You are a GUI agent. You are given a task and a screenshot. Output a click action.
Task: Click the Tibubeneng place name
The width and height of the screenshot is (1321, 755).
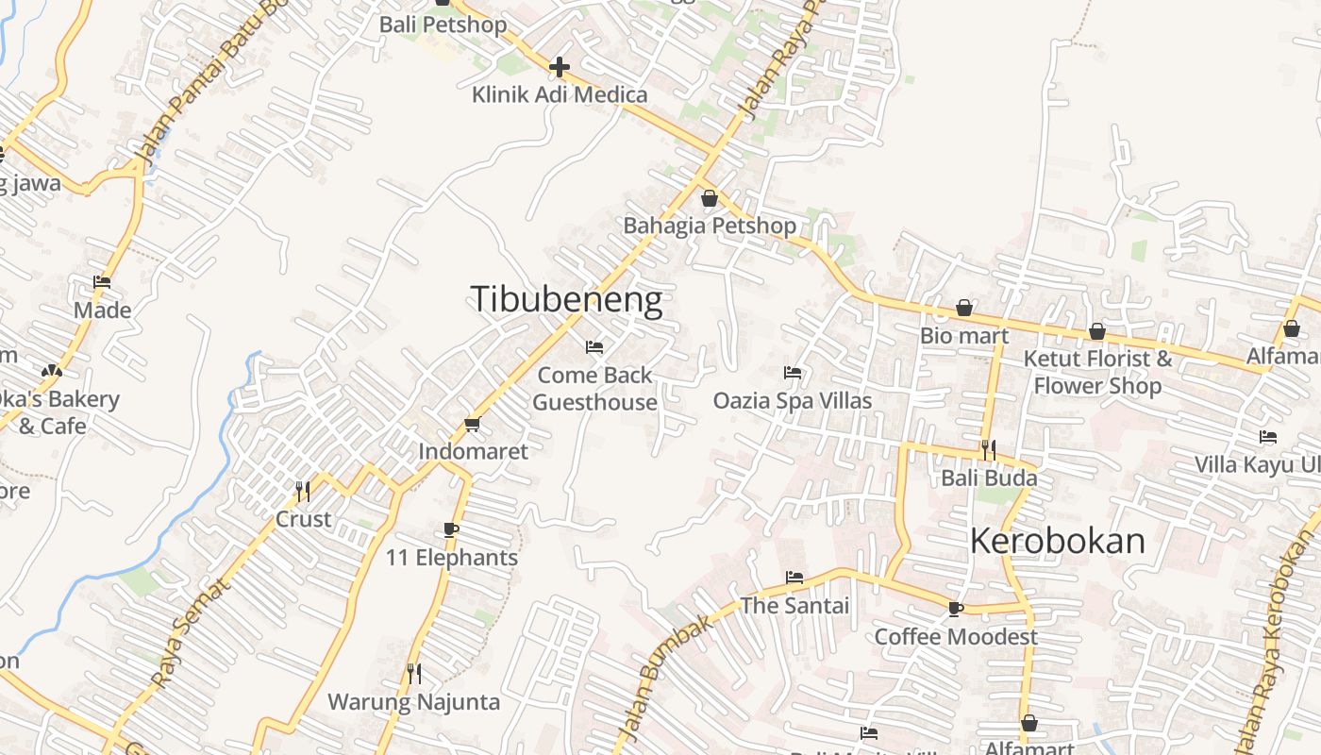click(x=566, y=300)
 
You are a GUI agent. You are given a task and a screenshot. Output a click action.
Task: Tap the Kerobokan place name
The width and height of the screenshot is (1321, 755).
click(x=1058, y=541)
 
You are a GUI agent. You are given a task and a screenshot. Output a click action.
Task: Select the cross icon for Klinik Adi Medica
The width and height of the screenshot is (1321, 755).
click(x=560, y=67)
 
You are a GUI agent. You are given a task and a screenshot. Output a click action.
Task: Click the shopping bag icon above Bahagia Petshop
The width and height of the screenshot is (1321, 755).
click(x=710, y=198)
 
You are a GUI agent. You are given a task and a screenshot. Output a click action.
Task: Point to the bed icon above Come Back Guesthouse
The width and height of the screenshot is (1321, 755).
click(x=594, y=347)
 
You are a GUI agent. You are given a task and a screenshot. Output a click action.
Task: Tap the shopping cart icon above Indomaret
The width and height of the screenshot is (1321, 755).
click(x=473, y=424)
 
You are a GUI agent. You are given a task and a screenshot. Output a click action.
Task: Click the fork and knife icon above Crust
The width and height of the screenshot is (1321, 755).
click(x=303, y=491)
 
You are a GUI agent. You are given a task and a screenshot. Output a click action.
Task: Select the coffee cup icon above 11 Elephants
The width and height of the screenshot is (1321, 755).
click(x=451, y=529)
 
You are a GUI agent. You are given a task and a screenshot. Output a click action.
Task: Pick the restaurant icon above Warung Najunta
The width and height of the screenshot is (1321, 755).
click(x=414, y=673)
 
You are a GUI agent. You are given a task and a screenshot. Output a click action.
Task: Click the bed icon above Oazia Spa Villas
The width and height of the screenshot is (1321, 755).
click(x=793, y=373)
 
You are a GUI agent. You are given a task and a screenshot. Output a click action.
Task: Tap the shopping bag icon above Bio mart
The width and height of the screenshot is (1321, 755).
click(x=964, y=308)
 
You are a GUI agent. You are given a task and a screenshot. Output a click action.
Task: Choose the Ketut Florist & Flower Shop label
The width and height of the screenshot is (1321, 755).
click(x=1098, y=372)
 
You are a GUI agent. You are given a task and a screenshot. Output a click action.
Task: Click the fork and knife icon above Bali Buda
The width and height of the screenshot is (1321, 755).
click(x=989, y=449)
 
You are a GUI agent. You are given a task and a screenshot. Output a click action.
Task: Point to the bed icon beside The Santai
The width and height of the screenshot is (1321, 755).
click(x=794, y=578)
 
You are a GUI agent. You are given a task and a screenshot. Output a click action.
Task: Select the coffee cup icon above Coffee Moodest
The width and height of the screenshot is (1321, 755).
click(x=956, y=609)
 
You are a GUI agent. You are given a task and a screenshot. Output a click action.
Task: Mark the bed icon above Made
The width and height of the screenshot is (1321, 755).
click(x=102, y=282)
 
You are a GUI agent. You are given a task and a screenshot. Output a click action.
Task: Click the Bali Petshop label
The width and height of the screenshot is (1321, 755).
click(x=443, y=25)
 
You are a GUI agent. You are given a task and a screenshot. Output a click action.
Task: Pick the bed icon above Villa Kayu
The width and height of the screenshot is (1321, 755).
click(x=1268, y=437)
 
